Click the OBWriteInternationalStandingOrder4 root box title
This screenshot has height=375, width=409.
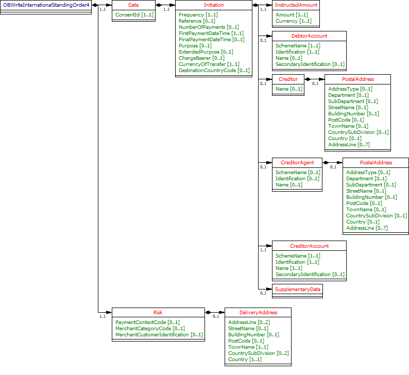[x=46, y=5]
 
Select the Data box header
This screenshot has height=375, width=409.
[x=133, y=5]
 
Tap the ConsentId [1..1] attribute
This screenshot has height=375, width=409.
[x=134, y=14]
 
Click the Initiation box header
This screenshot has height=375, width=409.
[x=214, y=5]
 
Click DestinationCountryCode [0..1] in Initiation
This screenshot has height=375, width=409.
[x=214, y=70]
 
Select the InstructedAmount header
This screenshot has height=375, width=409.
[x=296, y=5]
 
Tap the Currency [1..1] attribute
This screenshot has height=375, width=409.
[x=293, y=21]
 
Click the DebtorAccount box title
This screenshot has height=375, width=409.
[x=309, y=36]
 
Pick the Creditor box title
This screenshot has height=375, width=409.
[x=288, y=79]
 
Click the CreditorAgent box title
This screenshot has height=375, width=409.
[x=297, y=162]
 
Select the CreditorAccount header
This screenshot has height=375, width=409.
[x=309, y=246]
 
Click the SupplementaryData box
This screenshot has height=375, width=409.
[x=298, y=289]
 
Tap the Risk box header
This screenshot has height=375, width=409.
[x=158, y=312]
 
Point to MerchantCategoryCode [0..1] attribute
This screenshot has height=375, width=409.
[x=150, y=328]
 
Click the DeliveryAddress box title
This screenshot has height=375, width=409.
[x=258, y=312]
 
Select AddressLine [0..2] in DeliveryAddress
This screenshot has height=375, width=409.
[x=249, y=322]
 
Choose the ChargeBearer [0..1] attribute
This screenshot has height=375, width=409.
[x=201, y=58]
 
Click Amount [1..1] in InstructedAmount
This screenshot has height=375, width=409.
[x=292, y=14]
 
